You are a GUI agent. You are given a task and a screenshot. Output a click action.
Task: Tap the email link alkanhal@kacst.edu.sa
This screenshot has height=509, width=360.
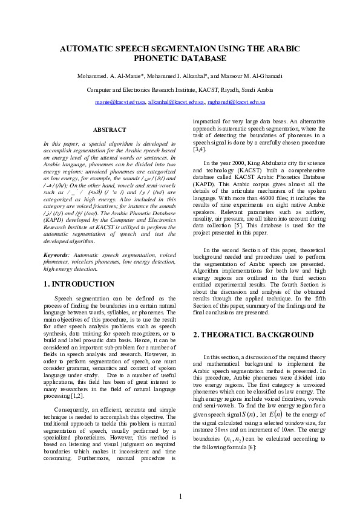point(177,103)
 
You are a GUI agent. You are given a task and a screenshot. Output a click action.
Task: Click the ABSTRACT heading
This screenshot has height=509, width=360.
point(110,129)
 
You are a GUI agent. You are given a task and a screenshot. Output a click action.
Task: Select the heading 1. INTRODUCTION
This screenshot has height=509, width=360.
point(79,284)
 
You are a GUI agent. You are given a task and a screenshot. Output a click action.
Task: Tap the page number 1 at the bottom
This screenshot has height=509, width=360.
point(180,496)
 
